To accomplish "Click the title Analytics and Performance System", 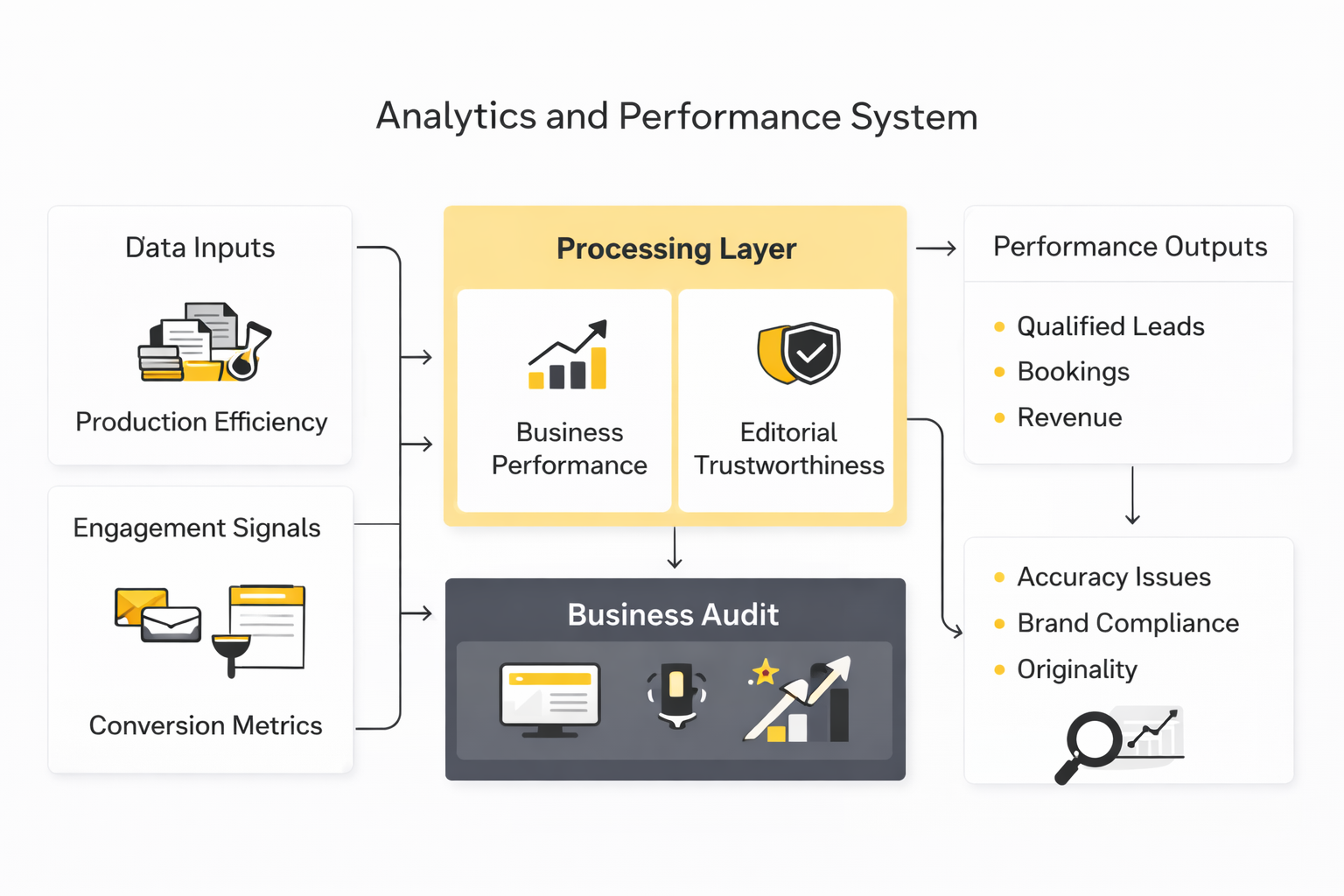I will pyautogui.click(x=676, y=116).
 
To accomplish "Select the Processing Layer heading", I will pyautogui.click(x=676, y=249).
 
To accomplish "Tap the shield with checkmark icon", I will pyautogui.click(x=800, y=353).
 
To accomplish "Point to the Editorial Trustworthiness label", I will pyautogui.click(x=788, y=449).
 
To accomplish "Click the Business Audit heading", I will pyautogui.click(x=673, y=614).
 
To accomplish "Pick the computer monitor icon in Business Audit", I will pyautogui.click(x=549, y=699).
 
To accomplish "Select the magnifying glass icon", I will pyautogui.click(x=1087, y=745).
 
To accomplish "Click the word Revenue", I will pyautogui.click(x=1069, y=417).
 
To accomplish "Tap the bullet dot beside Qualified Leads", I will pyautogui.click(x=999, y=327).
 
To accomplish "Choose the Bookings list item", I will pyautogui.click(x=1073, y=372).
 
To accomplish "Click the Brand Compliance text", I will pyautogui.click(x=1128, y=623).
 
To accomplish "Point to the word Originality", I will pyautogui.click(x=1077, y=669).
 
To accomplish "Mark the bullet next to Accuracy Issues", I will pyautogui.click(x=999, y=577).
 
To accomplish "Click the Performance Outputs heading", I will pyautogui.click(x=1130, y=247).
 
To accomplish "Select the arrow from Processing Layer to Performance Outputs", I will pyautogui.click(x=935, y=249).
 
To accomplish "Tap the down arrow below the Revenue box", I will pyautogui.click(x=1132, y=496).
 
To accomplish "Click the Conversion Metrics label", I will pyautogui.click(x=206, y=725).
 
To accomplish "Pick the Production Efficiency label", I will pyautogui.click(x=201, y=422).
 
